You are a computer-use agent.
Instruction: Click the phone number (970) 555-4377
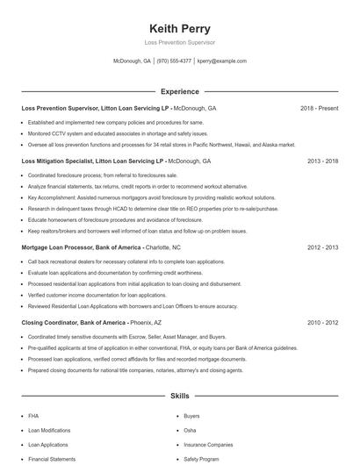[174, 61]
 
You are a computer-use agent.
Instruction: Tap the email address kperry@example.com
[221, 61]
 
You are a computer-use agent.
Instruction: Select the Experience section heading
[179, 91]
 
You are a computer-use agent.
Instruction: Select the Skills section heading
[179, 397]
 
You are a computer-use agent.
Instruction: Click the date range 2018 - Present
[319, 108]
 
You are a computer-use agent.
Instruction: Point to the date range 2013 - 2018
[323, 161]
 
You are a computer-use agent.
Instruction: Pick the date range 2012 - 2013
[323, 247]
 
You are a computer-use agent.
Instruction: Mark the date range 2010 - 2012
[323, 323]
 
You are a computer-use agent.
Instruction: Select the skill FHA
[33, 416]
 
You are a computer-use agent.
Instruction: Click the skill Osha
[190, 431]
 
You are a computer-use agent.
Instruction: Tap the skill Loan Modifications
[49, 431]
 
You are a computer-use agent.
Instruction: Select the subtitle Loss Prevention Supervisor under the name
[180, 42]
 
